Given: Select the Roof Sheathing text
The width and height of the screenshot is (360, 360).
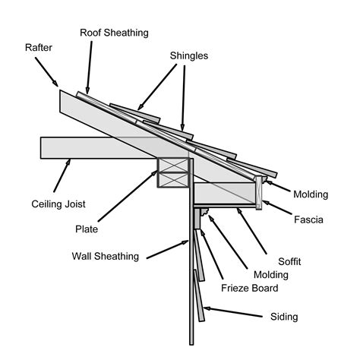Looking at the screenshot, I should (115, 33).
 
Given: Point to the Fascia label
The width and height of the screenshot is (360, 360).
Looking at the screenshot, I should (309, 220).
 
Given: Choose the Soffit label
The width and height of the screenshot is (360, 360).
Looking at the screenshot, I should (289, 261).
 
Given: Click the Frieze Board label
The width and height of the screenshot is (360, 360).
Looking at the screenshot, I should (250, 289).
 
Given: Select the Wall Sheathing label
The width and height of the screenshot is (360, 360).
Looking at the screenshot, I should (106, 256).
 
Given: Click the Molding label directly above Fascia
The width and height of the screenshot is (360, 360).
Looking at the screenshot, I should (311, 194).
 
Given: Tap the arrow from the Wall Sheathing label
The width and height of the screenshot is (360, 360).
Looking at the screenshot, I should (167, 248).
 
